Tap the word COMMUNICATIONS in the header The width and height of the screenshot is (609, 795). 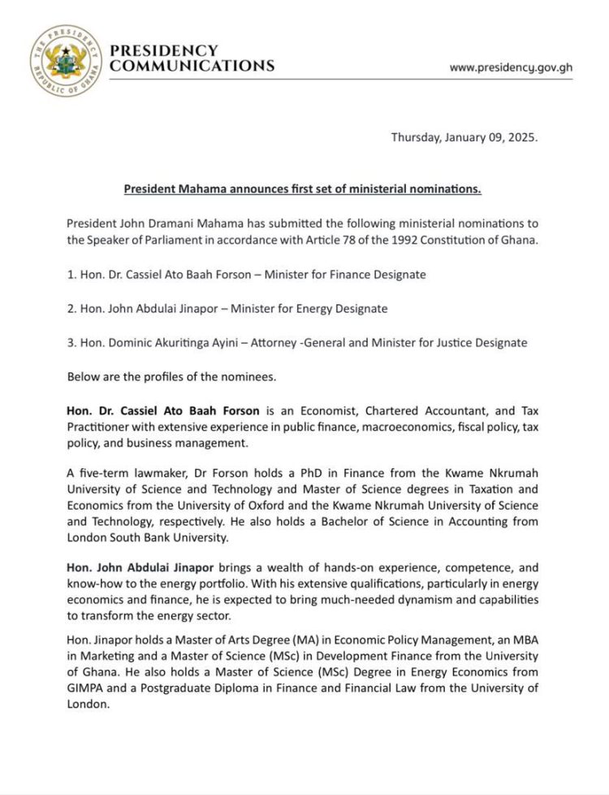192,66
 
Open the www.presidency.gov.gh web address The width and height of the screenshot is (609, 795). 511,67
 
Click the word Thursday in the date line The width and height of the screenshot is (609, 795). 416,137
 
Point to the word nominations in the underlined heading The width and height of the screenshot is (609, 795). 445,189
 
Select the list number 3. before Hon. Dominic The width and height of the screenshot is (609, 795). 71,342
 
